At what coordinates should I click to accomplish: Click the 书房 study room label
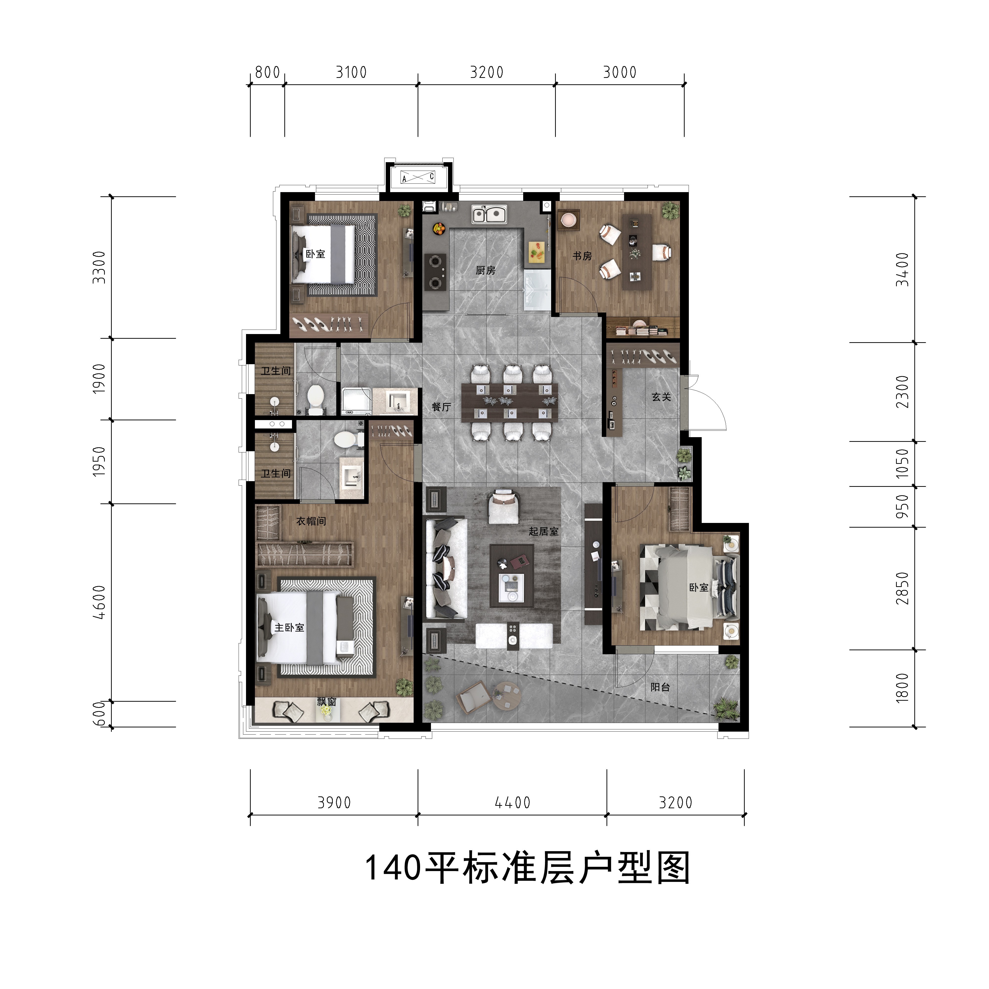click(x=582, y=256)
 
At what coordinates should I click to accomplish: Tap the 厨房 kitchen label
click(x=485, y=270)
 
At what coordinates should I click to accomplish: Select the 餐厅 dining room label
click(x=441, y=407)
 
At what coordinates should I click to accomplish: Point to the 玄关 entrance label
click(x=661, y=397)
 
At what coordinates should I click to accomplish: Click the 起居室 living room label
click(x=544, y=531)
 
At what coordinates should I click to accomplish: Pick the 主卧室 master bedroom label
click(x=289, y=628)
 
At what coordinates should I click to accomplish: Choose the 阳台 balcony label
click(x=660, y=687)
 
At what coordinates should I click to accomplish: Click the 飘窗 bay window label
click(x=327, y=702)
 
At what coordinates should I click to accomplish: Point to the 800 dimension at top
click(x=267, y=72)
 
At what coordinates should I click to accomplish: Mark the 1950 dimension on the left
click(x=99, y=461)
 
